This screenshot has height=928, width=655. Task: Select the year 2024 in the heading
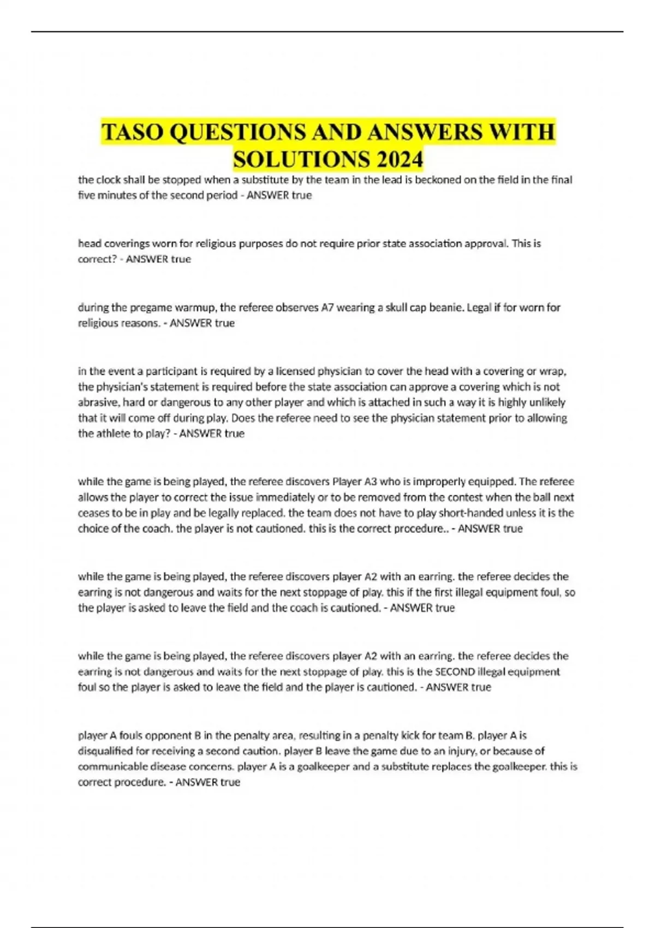pyautogui.click(x=399, y=159)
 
